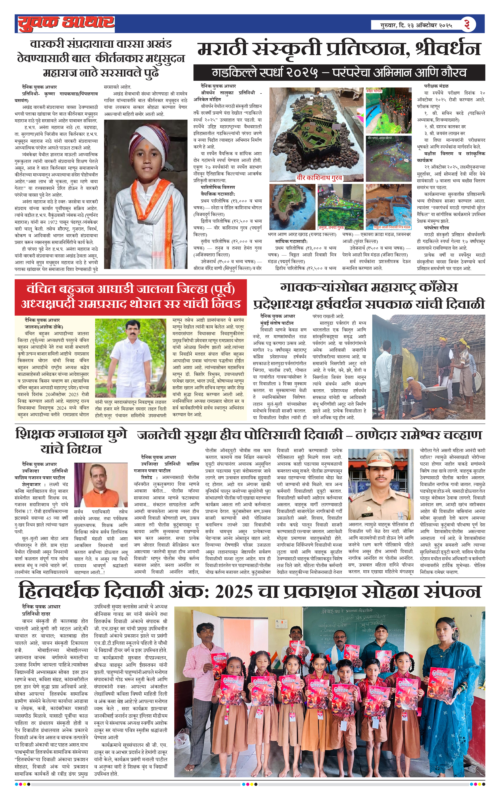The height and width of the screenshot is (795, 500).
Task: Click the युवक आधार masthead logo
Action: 66,23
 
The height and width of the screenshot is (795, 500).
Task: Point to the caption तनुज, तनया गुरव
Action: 331,227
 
